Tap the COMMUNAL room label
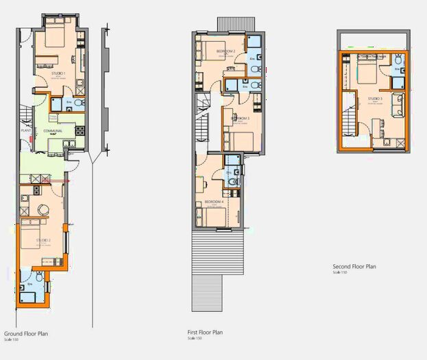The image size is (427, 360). point(53,130)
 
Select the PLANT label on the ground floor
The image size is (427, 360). point(27,129)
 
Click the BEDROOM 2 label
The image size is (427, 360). point(225,51)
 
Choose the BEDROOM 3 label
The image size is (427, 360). point(240,118)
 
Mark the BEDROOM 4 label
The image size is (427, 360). point(214,202)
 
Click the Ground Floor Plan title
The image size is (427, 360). point(25,333)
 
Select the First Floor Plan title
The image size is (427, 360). point(205,333)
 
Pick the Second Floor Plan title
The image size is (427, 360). point(354,267)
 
